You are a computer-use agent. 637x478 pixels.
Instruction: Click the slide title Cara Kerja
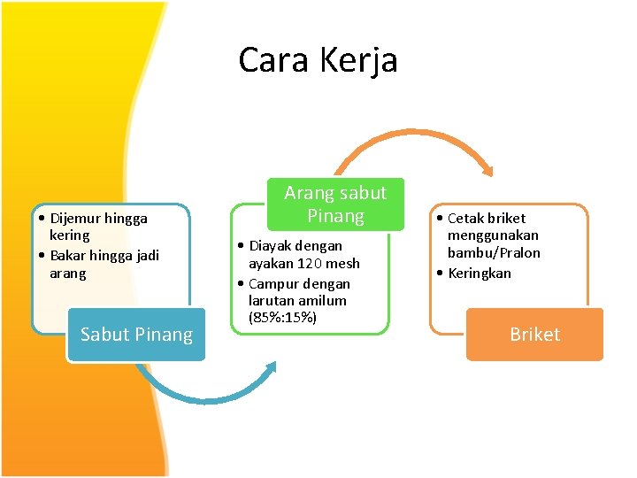coord(318,60)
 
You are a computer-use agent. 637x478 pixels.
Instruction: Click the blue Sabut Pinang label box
coord(136,335)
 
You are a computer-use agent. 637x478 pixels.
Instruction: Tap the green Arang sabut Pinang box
coord(335,204)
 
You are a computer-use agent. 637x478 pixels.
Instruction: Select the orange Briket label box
coord(534,335)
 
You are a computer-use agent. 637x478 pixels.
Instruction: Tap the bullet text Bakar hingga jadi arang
coord(104,264)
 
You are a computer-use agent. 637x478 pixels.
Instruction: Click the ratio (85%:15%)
coord(283,317)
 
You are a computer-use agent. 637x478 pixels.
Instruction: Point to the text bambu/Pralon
coord(494,252)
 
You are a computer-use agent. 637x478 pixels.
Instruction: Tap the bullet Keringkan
coord(480,273)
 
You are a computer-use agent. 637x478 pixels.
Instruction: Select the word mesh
coord(342,264)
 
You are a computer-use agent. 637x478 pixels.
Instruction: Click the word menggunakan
coord(493,235)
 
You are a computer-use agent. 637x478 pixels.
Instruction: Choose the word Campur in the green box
coord(274,284)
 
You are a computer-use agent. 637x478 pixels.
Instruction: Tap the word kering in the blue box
coord(70,235)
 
